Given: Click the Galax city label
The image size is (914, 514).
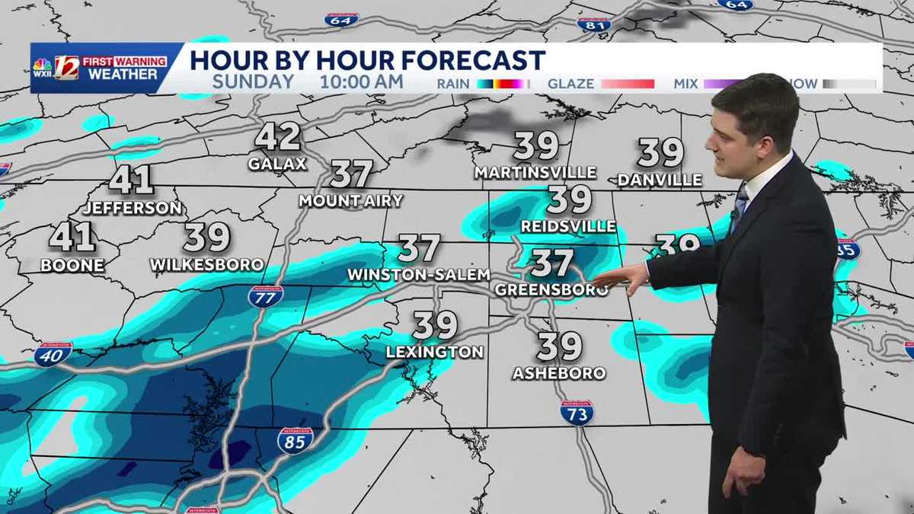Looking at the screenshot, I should tap(277, 164).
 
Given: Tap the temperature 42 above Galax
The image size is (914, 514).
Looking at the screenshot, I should tap(277, 137).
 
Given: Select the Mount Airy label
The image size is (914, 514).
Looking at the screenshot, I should tap(350, 201).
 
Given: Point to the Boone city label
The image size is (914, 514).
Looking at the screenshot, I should tap(72, 266).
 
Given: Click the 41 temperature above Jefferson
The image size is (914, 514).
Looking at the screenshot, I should tap(131, 180).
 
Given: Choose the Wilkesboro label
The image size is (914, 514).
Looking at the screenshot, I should tap(206, 265).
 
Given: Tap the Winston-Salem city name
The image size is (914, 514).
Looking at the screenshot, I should tap(418, 274).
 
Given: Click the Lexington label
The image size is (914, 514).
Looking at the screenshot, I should tap(434, 352).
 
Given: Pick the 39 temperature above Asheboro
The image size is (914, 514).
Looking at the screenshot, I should tap(559, 347).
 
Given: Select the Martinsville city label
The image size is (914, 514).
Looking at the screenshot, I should tap(535, 173).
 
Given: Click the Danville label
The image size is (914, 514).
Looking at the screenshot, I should tap(660, 180).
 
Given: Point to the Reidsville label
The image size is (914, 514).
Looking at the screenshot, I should tap(568, 227).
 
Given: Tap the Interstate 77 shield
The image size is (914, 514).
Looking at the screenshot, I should tap(265, 296).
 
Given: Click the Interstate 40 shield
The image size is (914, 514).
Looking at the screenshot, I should tap(53, 355).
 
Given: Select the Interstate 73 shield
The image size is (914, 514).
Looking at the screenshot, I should tap(577, 413).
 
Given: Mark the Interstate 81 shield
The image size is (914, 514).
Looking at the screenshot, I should tap(593, 23).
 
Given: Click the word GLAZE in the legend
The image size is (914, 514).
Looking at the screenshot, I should tap(570, 84).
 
